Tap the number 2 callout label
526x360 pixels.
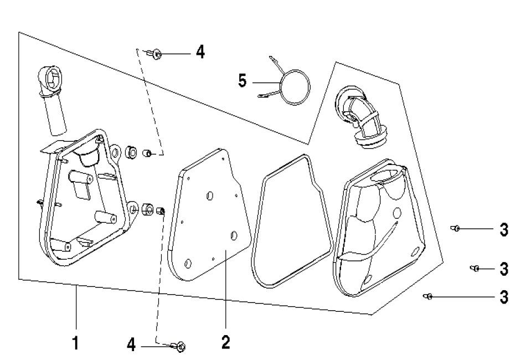point(225,342)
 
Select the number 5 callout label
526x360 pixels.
point(243,80)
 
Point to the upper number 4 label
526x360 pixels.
point(200,53)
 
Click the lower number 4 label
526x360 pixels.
point(131,344)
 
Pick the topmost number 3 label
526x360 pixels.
point(504,230)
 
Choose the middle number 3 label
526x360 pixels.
point(504,269)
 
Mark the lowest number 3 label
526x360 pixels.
point(504,297)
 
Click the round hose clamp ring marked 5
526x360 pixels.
point(294,86)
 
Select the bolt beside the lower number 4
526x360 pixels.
point(179,347)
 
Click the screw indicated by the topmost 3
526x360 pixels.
point(456,228)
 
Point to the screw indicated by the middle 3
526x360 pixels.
point(475,269)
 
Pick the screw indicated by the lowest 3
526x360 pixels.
point(428,297)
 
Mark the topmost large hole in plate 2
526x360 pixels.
point(210,196)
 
